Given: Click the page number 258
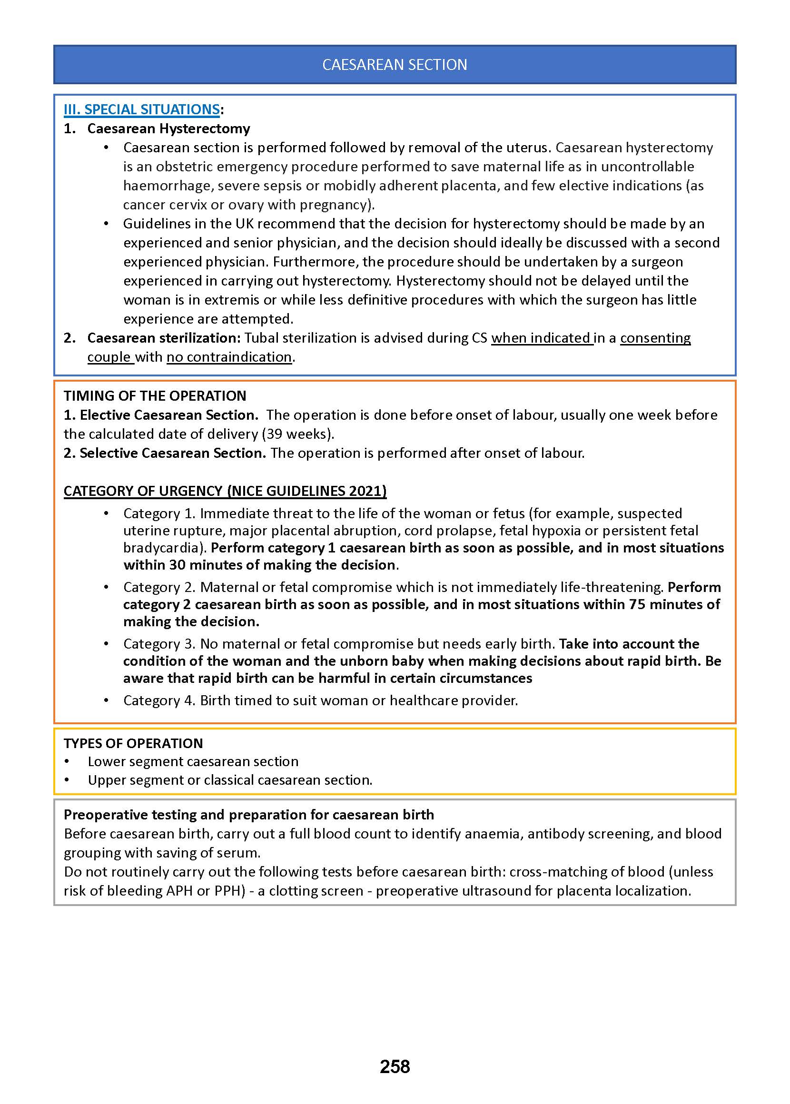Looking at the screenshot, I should (395, 1066).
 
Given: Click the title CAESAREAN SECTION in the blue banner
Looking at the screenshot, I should (395, 65).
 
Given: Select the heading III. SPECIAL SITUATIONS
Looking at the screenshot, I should (141, 109).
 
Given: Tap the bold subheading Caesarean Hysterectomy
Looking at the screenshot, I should (168, 128).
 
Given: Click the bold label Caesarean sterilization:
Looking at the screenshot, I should (164, 338).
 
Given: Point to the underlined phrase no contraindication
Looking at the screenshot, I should (229, 357).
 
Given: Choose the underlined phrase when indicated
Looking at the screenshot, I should (541, 338).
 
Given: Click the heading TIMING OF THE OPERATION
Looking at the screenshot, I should (155, 396).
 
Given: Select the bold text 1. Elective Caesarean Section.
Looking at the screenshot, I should (161, 415).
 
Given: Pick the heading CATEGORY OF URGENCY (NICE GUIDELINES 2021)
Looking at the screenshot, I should (225, 491).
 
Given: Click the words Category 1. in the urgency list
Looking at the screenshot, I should (159, 513).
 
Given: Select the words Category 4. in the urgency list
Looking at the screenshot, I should (159, 700).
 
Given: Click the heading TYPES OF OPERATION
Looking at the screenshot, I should (133, 744).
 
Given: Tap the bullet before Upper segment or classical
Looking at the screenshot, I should (67, 780).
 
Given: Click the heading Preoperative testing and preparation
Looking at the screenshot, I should (248, 815).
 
